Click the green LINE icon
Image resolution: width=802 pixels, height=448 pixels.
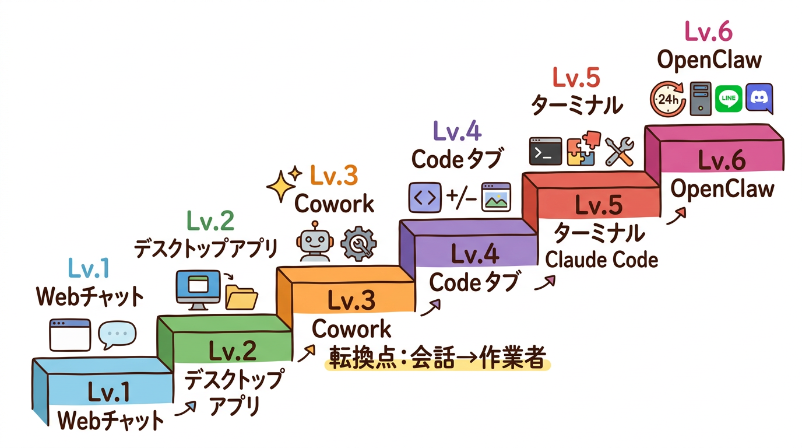click(728, 99)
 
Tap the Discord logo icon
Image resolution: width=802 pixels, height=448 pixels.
click(759, 98)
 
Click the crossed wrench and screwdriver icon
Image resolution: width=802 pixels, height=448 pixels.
click(619, 151)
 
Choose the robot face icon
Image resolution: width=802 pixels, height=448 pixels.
click(314, 242)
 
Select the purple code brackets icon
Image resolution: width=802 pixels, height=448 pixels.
click(424, 197)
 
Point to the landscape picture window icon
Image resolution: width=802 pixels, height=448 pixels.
click(496, 197)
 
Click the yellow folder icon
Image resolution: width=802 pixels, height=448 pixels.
click(241, 297)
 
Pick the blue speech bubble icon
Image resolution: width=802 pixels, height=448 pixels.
click(117, 335)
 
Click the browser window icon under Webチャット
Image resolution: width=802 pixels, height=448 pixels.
click(70, 335)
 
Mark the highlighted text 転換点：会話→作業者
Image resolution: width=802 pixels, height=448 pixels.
click(436, 359)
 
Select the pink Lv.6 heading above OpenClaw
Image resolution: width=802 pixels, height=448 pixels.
click(708, 33)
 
